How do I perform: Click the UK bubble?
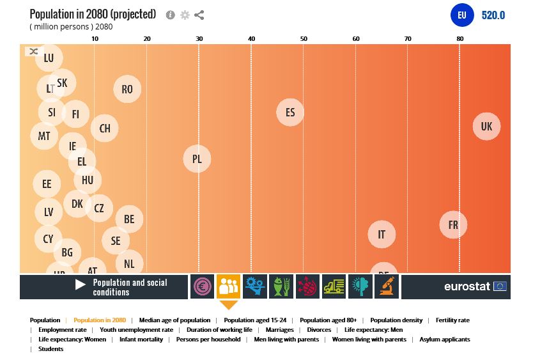(x=486, y=127)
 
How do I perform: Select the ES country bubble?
(x=290, y=113)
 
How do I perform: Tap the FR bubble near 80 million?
(x=453, y=225)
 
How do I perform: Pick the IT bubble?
(x=382, y=235)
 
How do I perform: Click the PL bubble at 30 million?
(x=197, y=159)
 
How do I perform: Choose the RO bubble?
(x=127, y=90)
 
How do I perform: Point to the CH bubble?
(x=105, y=129)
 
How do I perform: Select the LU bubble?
(x=49, y=58)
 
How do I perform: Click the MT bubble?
(x=44, y=136)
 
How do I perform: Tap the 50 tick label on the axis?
(x=304, y=39)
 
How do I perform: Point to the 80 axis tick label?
(x=460, y=39)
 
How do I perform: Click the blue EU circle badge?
(x=462, y=15)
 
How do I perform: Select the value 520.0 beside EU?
(x=493, y=15)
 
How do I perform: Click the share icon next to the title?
(x=199, y=15)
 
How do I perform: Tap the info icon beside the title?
(x=171, y=15)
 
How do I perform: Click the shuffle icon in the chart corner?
(x=33, y=51)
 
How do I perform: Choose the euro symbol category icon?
(x=203, y=286)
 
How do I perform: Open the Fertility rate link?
(x=452, y=320)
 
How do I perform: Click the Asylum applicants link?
(x=444, y=340)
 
